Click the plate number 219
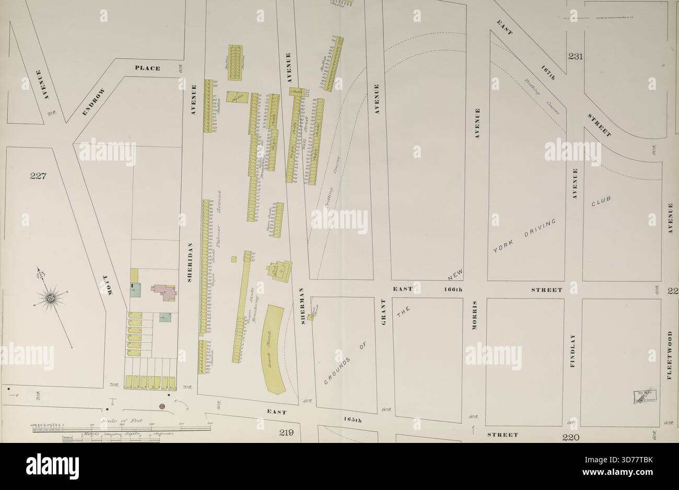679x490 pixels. click(x=287, y=433)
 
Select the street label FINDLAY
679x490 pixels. click(x=573, y=350)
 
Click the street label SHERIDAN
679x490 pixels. click(x=192, y=262)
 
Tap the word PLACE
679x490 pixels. click(x=148, y=68)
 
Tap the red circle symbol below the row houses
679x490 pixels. click(x=162, y=406)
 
